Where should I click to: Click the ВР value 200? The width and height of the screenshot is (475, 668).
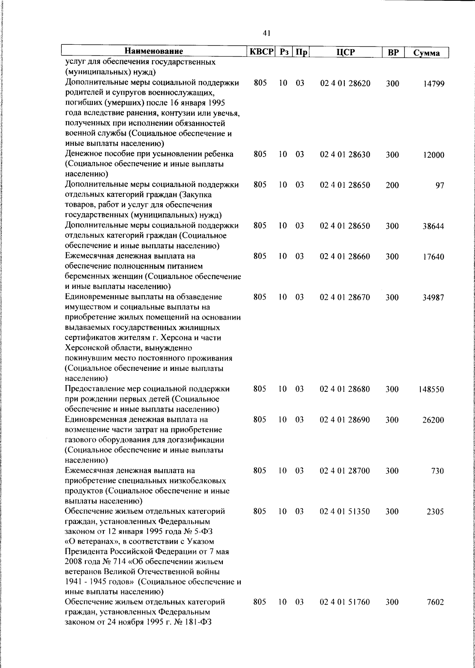coord(392,185)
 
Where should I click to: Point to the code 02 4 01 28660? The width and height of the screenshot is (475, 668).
coord(345,257)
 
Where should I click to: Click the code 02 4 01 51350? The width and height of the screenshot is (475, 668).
coord(345,512)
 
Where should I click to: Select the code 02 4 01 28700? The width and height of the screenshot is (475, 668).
coord(345,471)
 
